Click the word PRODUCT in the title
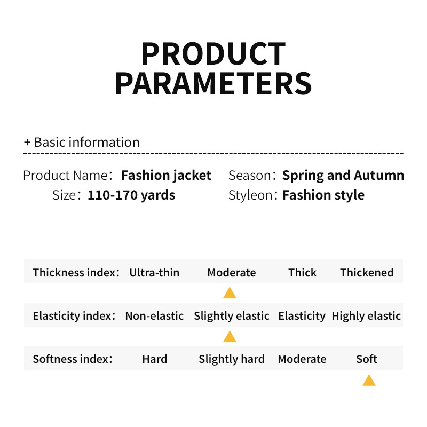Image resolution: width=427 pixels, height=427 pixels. (213, 53)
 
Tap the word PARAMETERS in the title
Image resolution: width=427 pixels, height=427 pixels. (213, 83)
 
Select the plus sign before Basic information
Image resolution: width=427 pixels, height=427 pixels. (27, 142)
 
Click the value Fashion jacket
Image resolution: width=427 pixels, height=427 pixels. (166, 176)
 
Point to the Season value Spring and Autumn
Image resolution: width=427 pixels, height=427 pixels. (343, 176)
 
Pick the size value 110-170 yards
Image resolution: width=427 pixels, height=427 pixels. (131, 195)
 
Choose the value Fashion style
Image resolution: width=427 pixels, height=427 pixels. (323, 195)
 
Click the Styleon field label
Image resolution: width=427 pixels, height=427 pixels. (250, 195)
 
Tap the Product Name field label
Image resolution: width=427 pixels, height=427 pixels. (65, 176)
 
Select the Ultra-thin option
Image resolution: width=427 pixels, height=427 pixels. (154, 273)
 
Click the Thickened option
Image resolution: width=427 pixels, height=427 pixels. (367, 273)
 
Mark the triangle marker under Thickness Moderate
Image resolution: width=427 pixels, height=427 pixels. (230, 292)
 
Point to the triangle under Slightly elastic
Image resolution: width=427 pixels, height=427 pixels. (230, 336)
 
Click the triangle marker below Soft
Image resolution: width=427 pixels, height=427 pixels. (369, 380)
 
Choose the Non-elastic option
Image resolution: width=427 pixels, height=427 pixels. (154, 316)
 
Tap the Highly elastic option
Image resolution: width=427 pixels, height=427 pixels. (366, 316)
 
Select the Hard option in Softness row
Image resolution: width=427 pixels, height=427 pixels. (155, 359)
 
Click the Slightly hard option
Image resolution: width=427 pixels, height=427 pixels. (232, 359)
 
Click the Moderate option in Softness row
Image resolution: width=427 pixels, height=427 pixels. (302, 359)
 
